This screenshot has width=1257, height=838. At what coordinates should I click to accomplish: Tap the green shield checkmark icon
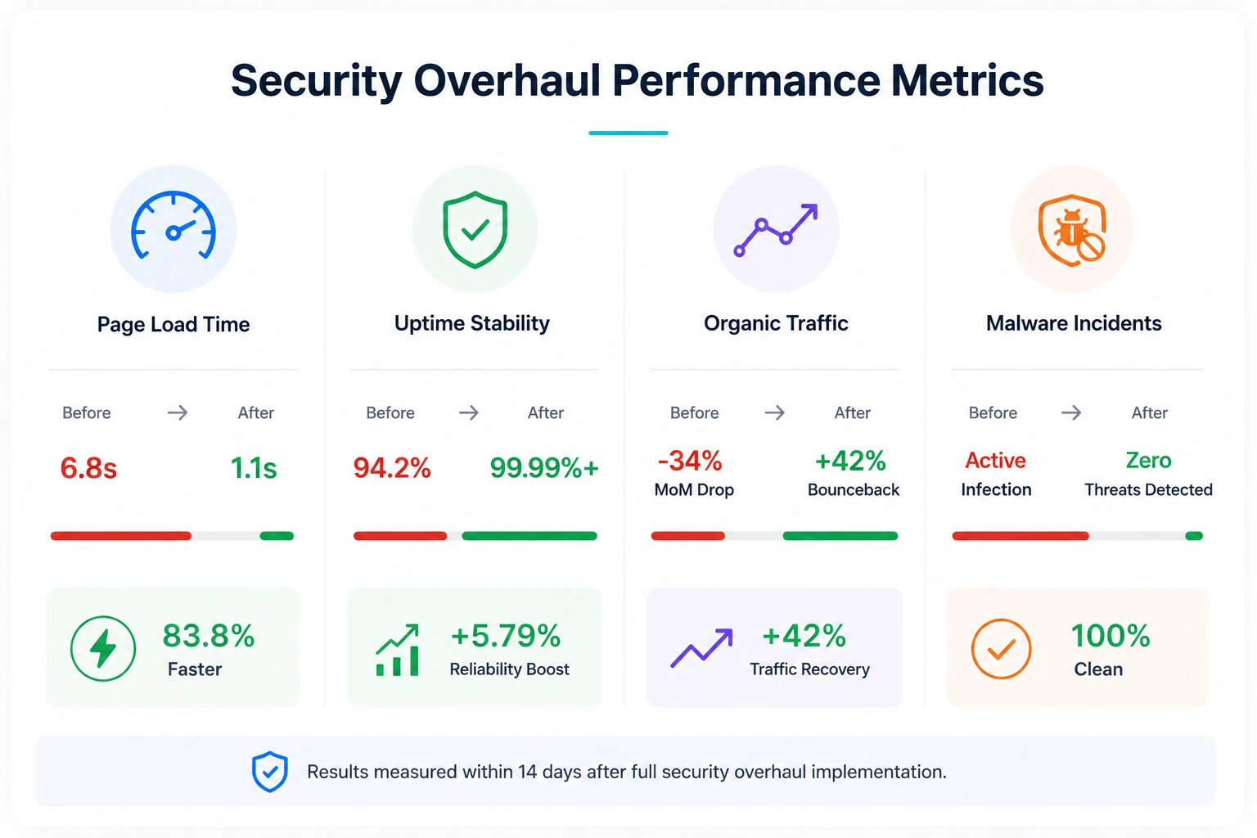click(x=475, y=230)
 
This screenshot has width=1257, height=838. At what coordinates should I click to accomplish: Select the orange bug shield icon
click(x=1072, y=230)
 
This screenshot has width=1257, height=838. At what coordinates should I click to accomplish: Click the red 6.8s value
click(x=88, y=467)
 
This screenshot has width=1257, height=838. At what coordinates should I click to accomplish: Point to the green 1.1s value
click(x=254, y=467)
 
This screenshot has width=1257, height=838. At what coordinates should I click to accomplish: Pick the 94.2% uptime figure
click(x=392, y=467)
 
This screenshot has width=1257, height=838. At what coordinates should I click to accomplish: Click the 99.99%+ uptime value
click(x=544, y=467)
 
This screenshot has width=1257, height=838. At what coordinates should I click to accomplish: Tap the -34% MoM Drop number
click(x=690, y=461)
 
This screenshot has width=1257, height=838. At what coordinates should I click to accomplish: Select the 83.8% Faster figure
click(x=209, y=635)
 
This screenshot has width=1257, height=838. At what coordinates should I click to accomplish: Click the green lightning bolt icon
click(x=102, y=648)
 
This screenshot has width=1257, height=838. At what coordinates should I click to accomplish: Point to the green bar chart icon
click(x=397, y=650)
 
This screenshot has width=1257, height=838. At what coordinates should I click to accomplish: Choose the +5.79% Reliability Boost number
click(x=506, y=635)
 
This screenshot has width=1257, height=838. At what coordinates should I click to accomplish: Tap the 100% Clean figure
click(x=1111, y=635)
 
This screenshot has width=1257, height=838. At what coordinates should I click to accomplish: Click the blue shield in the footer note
click(x=270, y=771)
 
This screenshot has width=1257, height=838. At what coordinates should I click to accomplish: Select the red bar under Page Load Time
click(x=120, y=536)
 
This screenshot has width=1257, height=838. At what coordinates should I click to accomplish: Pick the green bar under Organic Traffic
click(x=840, y=536)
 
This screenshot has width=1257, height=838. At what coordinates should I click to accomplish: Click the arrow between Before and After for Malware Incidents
click(x=1070, y=413)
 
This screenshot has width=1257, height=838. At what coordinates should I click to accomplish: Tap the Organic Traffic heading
click(x=776, y=323)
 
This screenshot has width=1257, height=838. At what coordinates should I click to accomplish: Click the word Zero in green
click(x=1148, y=460)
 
